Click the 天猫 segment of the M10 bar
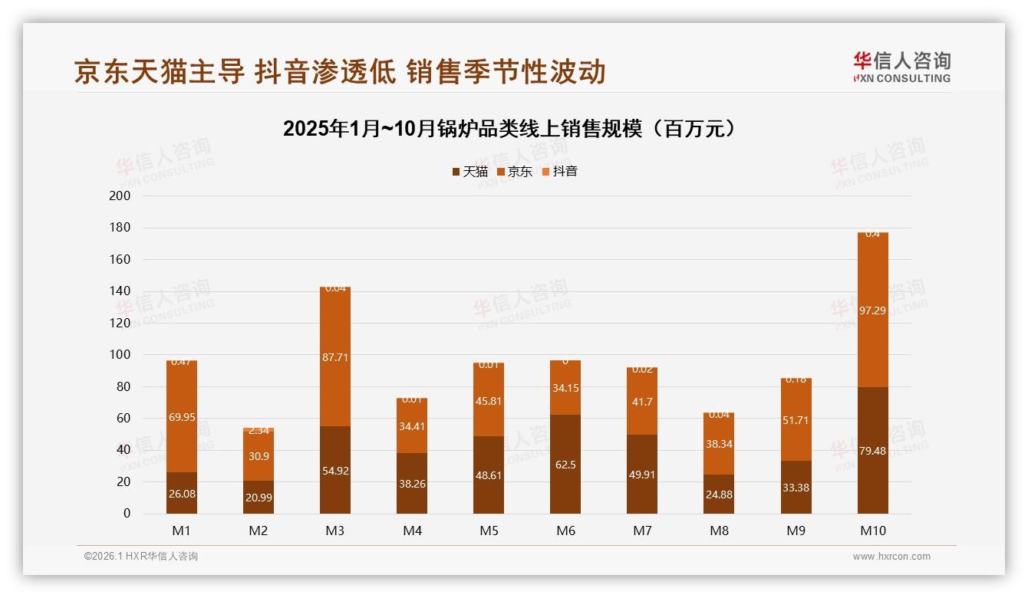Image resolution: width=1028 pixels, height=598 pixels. coord(872,450)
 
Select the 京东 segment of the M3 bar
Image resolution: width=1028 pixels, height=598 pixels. coord(335,356)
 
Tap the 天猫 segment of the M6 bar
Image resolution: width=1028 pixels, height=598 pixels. coord(565,464)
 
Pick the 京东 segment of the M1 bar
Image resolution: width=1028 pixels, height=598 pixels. coord(182,416)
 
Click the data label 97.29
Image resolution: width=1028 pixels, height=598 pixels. coord(872,310)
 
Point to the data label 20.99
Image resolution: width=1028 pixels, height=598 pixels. coord(259,498)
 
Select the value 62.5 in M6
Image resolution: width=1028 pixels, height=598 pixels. coord(565,465)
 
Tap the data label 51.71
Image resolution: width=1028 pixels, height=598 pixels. coord(796,420)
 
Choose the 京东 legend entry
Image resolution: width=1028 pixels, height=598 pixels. coord(515,172)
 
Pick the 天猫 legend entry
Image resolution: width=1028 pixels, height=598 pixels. coord(470,172)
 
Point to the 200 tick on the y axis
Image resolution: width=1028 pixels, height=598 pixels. coord(121,195)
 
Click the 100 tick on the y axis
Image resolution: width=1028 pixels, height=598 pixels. coord(121,355)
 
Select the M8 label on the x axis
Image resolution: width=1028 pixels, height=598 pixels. coord(719,531)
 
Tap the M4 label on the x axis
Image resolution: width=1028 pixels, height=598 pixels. coord(412,531)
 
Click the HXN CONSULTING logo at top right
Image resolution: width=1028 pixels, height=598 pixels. coord(901,67)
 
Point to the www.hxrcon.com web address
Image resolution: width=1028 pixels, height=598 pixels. coord(891,557)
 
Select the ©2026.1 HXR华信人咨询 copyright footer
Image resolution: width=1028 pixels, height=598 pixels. coord(140,557)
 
